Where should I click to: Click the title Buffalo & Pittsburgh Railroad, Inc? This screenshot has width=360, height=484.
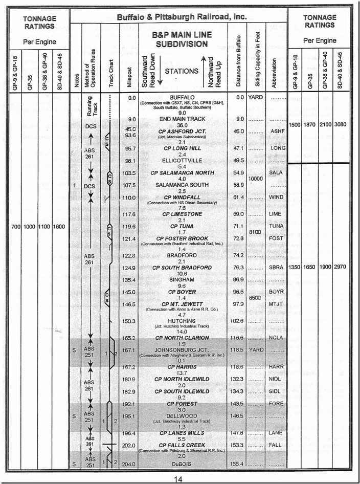[x=182, y=17]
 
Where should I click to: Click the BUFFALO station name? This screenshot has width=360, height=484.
[x=182, y=97]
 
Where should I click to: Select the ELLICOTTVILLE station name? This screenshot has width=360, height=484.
[x=183, y=160]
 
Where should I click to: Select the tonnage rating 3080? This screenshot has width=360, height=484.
[x=342, y=125]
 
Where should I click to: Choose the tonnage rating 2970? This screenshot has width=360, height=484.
[x=342, y=268]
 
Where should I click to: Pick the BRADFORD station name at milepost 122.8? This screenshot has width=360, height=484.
[x=182, y=255]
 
